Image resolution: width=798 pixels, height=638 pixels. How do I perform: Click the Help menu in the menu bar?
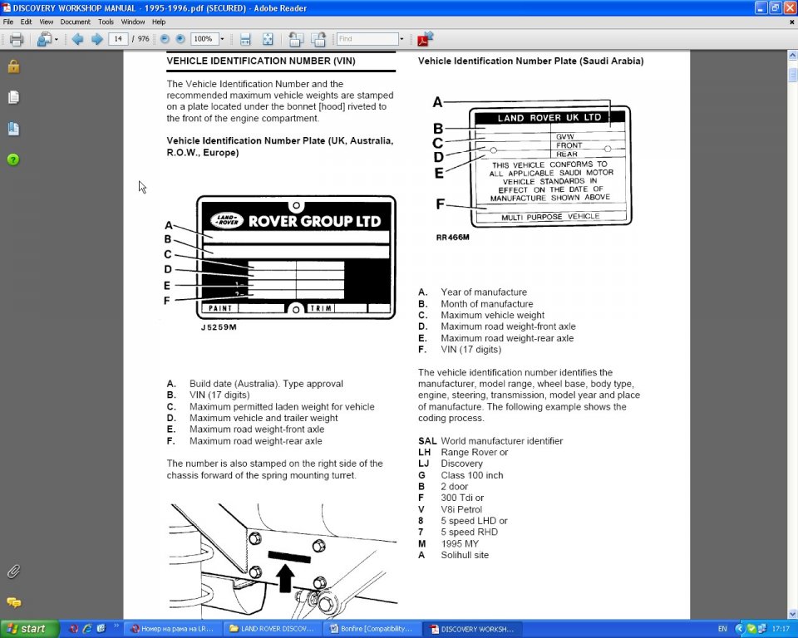click(x=158, y=22)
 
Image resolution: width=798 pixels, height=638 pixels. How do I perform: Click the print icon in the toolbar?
click(x=16, y=39)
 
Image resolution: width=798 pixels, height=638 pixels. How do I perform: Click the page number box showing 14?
click(x=118, y=39)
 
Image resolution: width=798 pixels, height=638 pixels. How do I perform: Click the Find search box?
click(x=367, y=39)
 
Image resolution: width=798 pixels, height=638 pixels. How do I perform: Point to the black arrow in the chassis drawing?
click(x=285, y=576)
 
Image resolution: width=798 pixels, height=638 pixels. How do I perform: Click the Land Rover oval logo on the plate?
click(x=226, y=220)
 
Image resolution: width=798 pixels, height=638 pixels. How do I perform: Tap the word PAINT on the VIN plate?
click(x=220, y=308)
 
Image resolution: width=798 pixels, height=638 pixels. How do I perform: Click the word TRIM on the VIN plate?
click(x=322, y=308)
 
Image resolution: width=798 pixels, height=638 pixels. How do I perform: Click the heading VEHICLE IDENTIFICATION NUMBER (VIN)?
click(x=261, y=61)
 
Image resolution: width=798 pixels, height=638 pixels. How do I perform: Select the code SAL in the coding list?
click(x=427, y=441)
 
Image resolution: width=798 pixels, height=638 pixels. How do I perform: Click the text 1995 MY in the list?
click(x=460, y=544)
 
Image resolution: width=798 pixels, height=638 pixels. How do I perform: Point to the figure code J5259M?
click(x=219, y=327)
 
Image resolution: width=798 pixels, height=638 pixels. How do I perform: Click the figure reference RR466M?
click(x=452, y=238)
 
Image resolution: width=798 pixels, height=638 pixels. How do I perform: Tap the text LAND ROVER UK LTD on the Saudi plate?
click(x=549, y=118)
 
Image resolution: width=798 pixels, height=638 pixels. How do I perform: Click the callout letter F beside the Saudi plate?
click(x=441, y=204)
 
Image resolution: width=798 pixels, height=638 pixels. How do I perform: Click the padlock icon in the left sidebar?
click(x=13, y=66)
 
